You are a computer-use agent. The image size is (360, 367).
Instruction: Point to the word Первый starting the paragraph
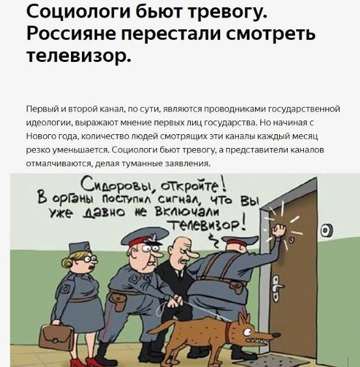[x=40, y=108]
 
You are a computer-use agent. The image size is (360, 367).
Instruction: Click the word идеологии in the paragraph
[x=48, y=123]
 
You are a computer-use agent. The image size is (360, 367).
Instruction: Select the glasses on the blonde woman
[x=89, y=258]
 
